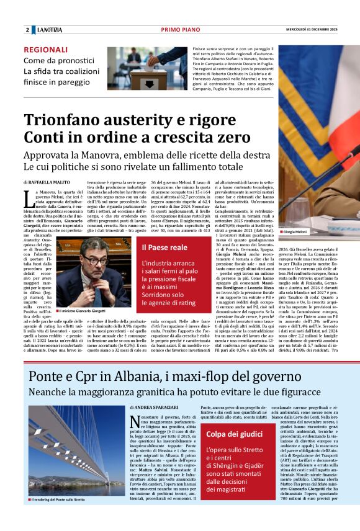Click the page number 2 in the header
tap(27, 30)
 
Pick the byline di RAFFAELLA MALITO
tap(47, 183)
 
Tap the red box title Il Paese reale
tap(164, 248)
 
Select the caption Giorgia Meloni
tap(294, 232)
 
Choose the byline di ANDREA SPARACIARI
tap(155, 408)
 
